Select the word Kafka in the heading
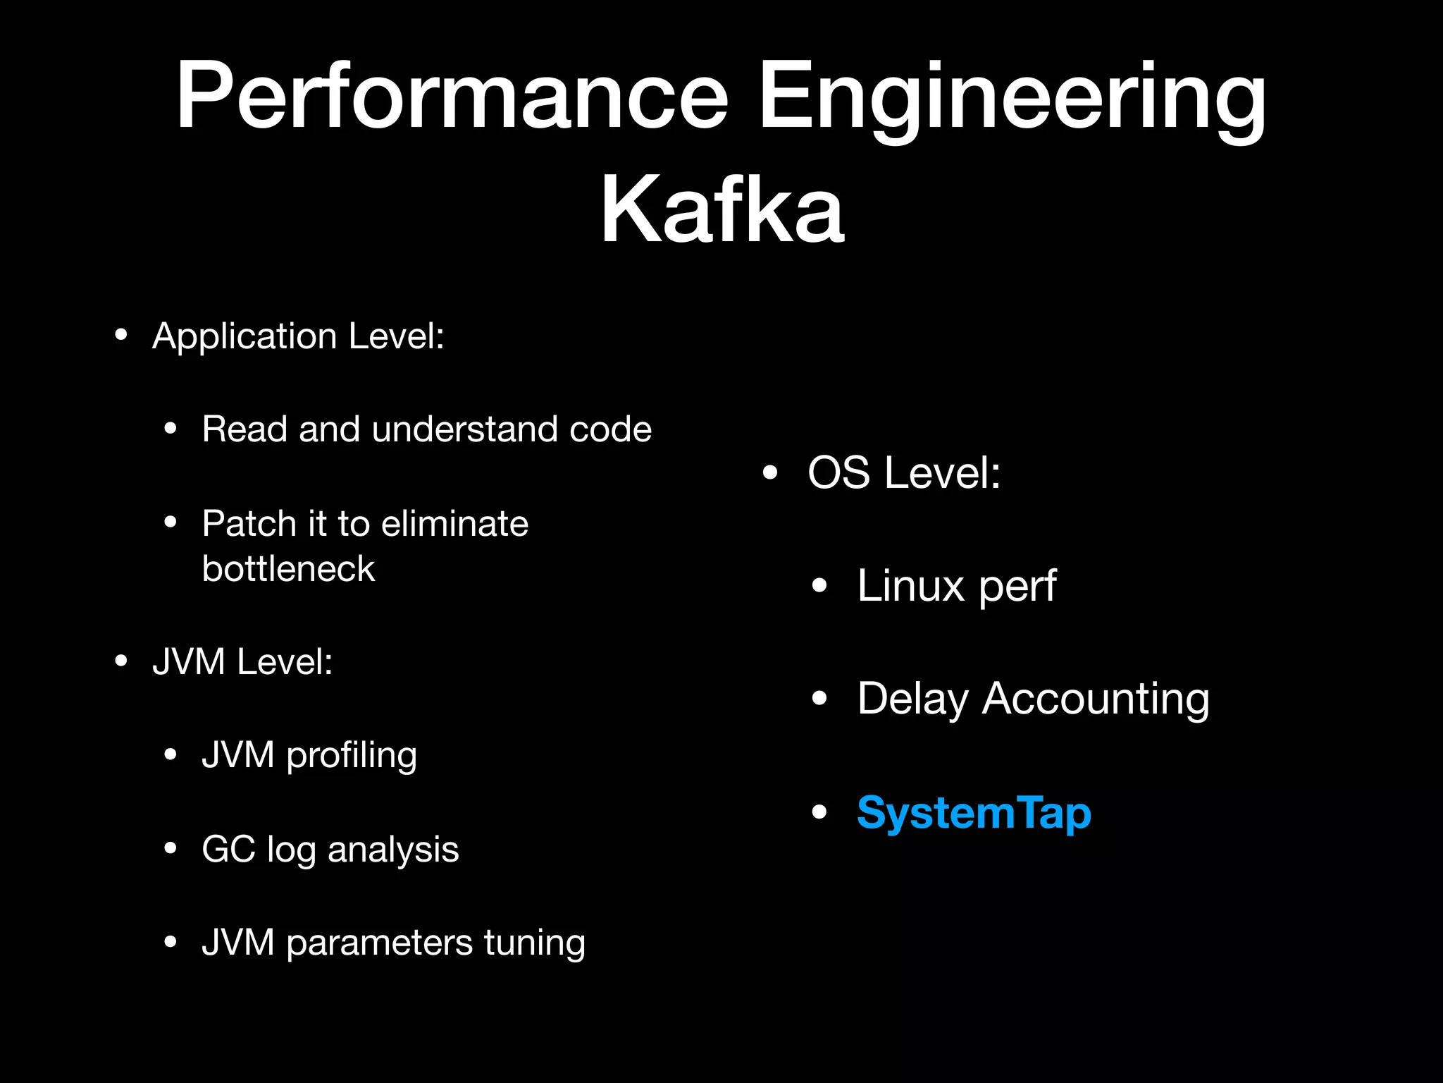click(721, 209)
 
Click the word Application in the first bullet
click(244, 336)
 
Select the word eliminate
click(454, 523)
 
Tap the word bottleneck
click(288, 568)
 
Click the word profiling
click(352, 756)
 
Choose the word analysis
click(393, 849)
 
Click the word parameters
click(379, 943)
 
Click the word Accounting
click(1096, 699)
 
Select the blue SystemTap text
click(974, 813)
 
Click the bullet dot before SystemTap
click(819, 812)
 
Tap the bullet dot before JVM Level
click(121, 661)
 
